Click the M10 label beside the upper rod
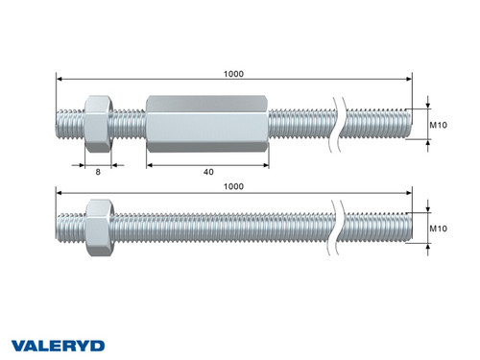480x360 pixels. [440, 125]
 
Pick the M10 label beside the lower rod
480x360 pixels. [440, 229]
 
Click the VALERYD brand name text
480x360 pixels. [58, 344]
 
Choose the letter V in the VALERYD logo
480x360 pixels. [19, 344]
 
